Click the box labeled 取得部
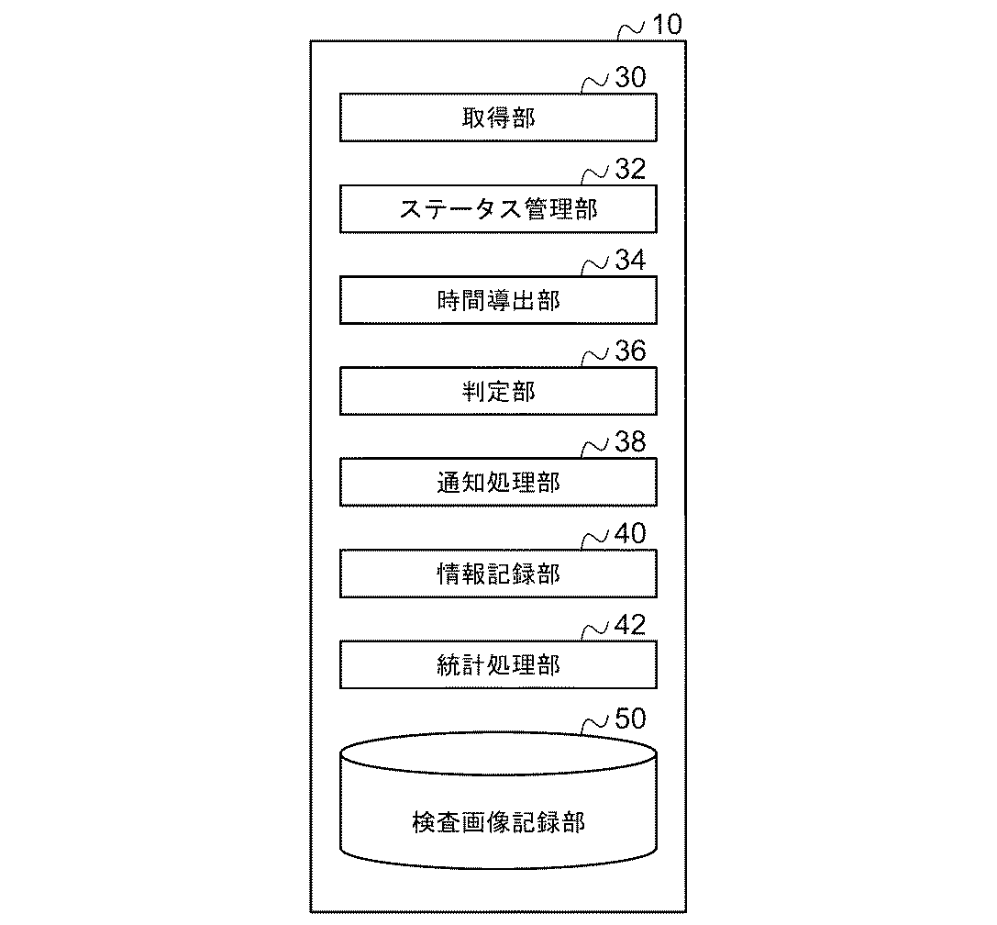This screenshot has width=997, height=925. [x=498, y=118]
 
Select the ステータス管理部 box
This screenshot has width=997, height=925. [x=498, y=209]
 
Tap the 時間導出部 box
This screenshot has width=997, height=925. [x=498, y=300]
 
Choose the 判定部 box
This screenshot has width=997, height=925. [x=498, y=391]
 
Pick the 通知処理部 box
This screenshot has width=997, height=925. [x=498, y=482]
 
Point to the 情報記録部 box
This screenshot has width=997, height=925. [x=498, y=574]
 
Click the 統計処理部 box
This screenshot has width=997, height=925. [x=498, y=664]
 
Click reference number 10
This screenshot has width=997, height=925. [x=666, y=25]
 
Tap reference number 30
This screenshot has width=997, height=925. [x=630, y=79]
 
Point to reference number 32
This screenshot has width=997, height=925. [x=630, y=170]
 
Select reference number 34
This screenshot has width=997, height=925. [x=630, y=261]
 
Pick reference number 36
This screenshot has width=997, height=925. [x=630, y=351]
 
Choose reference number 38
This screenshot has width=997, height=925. [x=630, y=442]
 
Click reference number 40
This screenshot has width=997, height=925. [x=630, y=534]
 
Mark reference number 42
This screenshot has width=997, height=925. [x=630, y=625]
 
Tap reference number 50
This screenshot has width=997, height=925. [x=630, y=719]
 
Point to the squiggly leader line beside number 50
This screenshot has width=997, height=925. [x=596, y=725]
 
